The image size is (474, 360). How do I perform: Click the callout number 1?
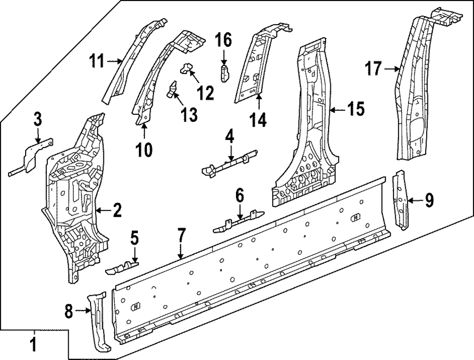[33, 343]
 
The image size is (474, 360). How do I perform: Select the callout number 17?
[373, 69]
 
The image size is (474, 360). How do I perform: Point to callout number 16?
[224, 41]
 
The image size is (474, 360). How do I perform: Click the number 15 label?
[355, 110]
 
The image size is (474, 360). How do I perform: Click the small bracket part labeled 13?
[172, 89]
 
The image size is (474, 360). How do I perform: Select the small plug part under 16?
[225, 74]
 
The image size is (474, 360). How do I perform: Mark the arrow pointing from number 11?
[115, 61]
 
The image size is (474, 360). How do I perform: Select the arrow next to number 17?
[391, 70]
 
